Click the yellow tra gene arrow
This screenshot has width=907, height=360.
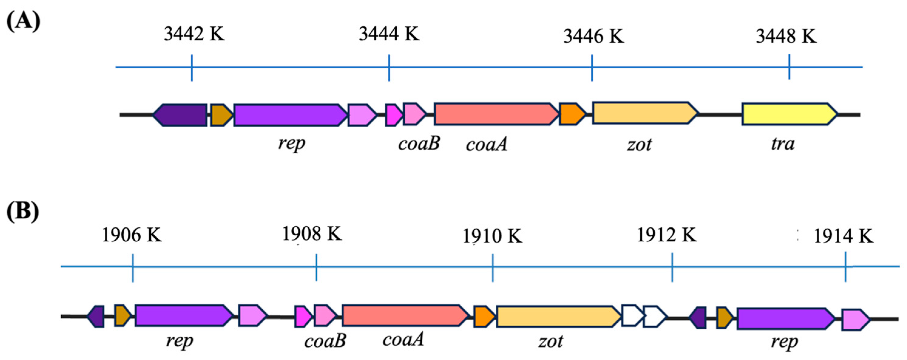coord(789,114)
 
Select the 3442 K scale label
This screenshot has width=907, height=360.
coord(194,34)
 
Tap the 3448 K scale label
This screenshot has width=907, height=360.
coord(786,36)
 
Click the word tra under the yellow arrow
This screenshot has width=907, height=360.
coord(782,144)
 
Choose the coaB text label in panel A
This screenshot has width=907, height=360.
coord(419,143)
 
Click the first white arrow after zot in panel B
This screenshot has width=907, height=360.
coord(632,316)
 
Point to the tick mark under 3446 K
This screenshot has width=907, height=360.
coord(592,68)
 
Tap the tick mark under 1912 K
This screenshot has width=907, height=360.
coord(672,267)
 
